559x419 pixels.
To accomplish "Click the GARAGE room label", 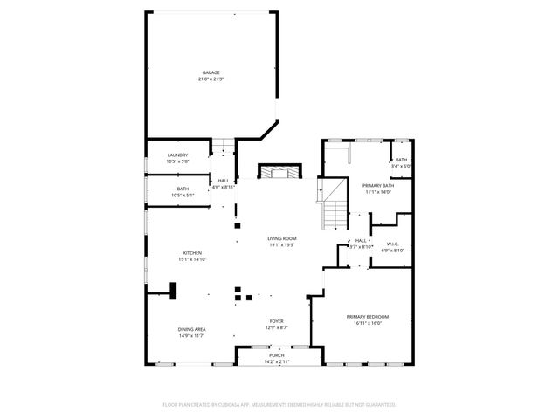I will pyautogui.click(x=210, y=72).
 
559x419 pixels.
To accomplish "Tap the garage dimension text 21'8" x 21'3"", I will pyautogui.click(x=210, y=79).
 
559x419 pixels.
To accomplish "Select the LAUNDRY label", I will pyautogui.click(x=177, y=155).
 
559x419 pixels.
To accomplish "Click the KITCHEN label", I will pyautogui.click(x=192, y=252).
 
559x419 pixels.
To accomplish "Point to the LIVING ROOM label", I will pyautogui.click(x=282, y=238).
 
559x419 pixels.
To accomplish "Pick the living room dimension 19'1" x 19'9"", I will pyautogui.click(x=282, y=245).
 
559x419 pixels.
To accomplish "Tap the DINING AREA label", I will pyautogui.click(x=192, y=329).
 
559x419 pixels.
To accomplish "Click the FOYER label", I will pyautogui.click(x=276, y=322).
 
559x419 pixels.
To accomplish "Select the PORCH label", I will pyautogui.click(x=276, y=355).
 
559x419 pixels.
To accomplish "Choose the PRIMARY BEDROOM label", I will pyautogui.click(x=367, y=316).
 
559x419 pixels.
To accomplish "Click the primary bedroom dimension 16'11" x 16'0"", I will pyautogui.click(x=367, y=323).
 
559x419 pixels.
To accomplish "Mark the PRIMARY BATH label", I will pyautogui.click(x=378, y=185).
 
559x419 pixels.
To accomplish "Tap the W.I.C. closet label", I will pyautogui.click(x=392, y=244).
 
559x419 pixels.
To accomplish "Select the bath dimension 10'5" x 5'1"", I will pyautogui.click(x=183, y=196).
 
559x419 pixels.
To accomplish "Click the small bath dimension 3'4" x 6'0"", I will pyautogui.click(x=401, y=166).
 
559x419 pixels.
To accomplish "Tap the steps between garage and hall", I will pyautogui.click(x=225, y=147).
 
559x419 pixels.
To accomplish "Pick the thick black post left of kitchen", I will pyautogui.click(x=173, y=290).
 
